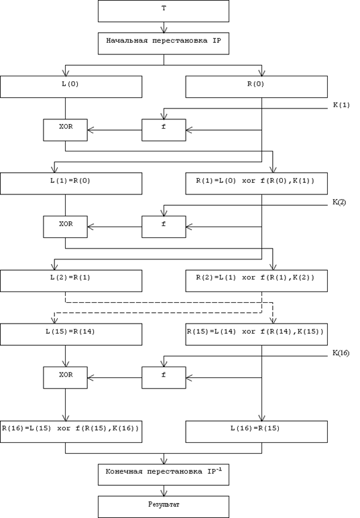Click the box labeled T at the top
pos(164,11)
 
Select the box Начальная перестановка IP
pos(164,44)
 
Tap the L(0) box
pos(71,86)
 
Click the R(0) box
pos(257,86)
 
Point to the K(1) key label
pos(341,105)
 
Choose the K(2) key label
pos(339,202)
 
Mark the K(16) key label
pos(341,353)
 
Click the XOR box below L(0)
pos(65,130)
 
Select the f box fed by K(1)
pos(164,130)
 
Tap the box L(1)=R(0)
pos(71,184)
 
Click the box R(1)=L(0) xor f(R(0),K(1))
pos(257,184)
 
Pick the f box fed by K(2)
pos(164,226)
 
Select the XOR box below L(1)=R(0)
pos(65,226)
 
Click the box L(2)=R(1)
pos(71,281)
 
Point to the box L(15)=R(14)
pos(71,334)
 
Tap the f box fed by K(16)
pos(164,377)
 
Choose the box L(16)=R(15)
pos(257,432)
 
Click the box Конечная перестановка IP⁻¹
pos(164,474)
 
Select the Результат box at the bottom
pos(164,507)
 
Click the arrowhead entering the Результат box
pos(164,493)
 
